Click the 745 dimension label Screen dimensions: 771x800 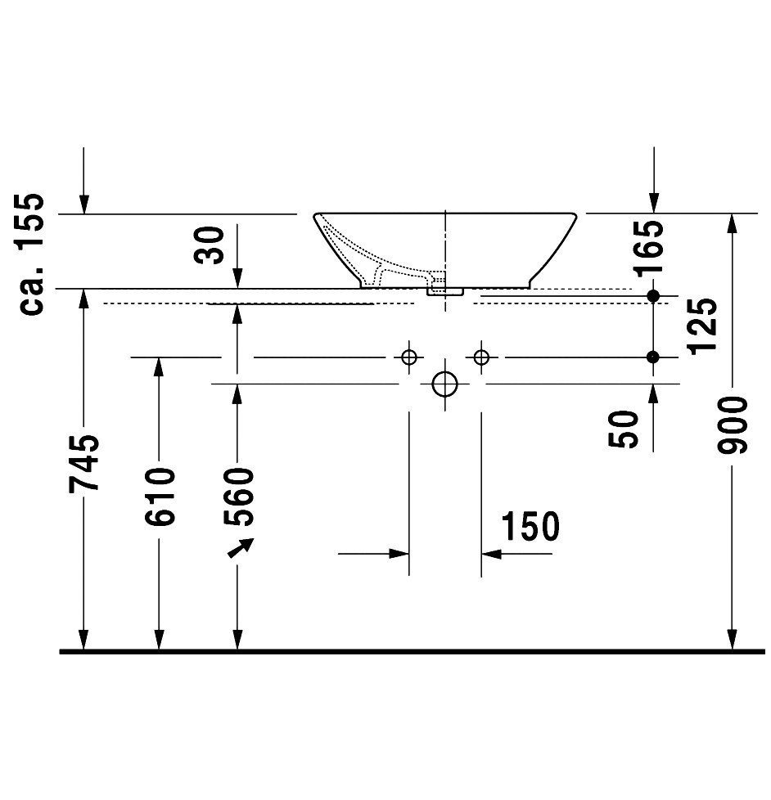click(84, 464)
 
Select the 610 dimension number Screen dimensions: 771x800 click(160, 497)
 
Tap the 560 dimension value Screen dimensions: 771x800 click(238, 497)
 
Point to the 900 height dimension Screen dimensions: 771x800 click(732, 425)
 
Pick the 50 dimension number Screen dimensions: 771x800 click(624, 429)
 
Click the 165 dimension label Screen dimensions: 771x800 click(650, 248)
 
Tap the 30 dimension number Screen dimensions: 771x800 click(210, 245)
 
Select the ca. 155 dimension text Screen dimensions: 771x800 click(29, 254)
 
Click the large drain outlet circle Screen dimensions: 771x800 click(444, 384)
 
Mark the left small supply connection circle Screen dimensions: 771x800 click(409, 357)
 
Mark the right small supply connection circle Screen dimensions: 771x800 click(481, 357)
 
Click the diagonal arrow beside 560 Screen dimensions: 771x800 click(241, 548)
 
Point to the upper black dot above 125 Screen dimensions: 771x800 click(653, 295)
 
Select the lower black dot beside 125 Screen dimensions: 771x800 click(653, 357)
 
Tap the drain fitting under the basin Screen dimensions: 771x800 click(444, 290)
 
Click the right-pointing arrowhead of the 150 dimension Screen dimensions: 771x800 click(399, 554)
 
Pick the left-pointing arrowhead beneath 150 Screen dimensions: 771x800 click(491, 554)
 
